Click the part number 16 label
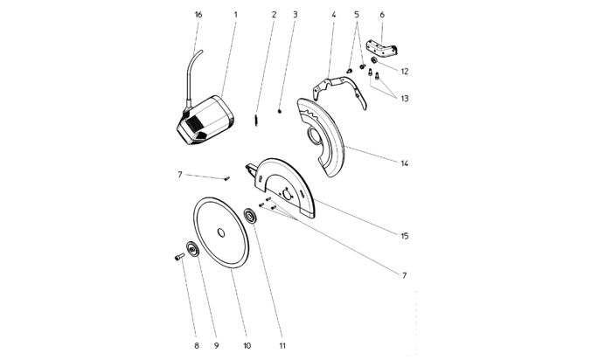tap(198, 15)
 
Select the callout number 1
tap(235, 15)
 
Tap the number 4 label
tap(333, 15)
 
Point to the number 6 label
tap(381, 15)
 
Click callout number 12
tap(405, 70)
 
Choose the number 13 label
tap(405, 99)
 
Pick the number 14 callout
tap(405, 163)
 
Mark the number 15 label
tap(405, 235)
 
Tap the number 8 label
tap(197, 346)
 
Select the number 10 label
tap(247, 346)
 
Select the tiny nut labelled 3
tap(278, 111)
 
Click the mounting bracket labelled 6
tap(382, 46)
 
